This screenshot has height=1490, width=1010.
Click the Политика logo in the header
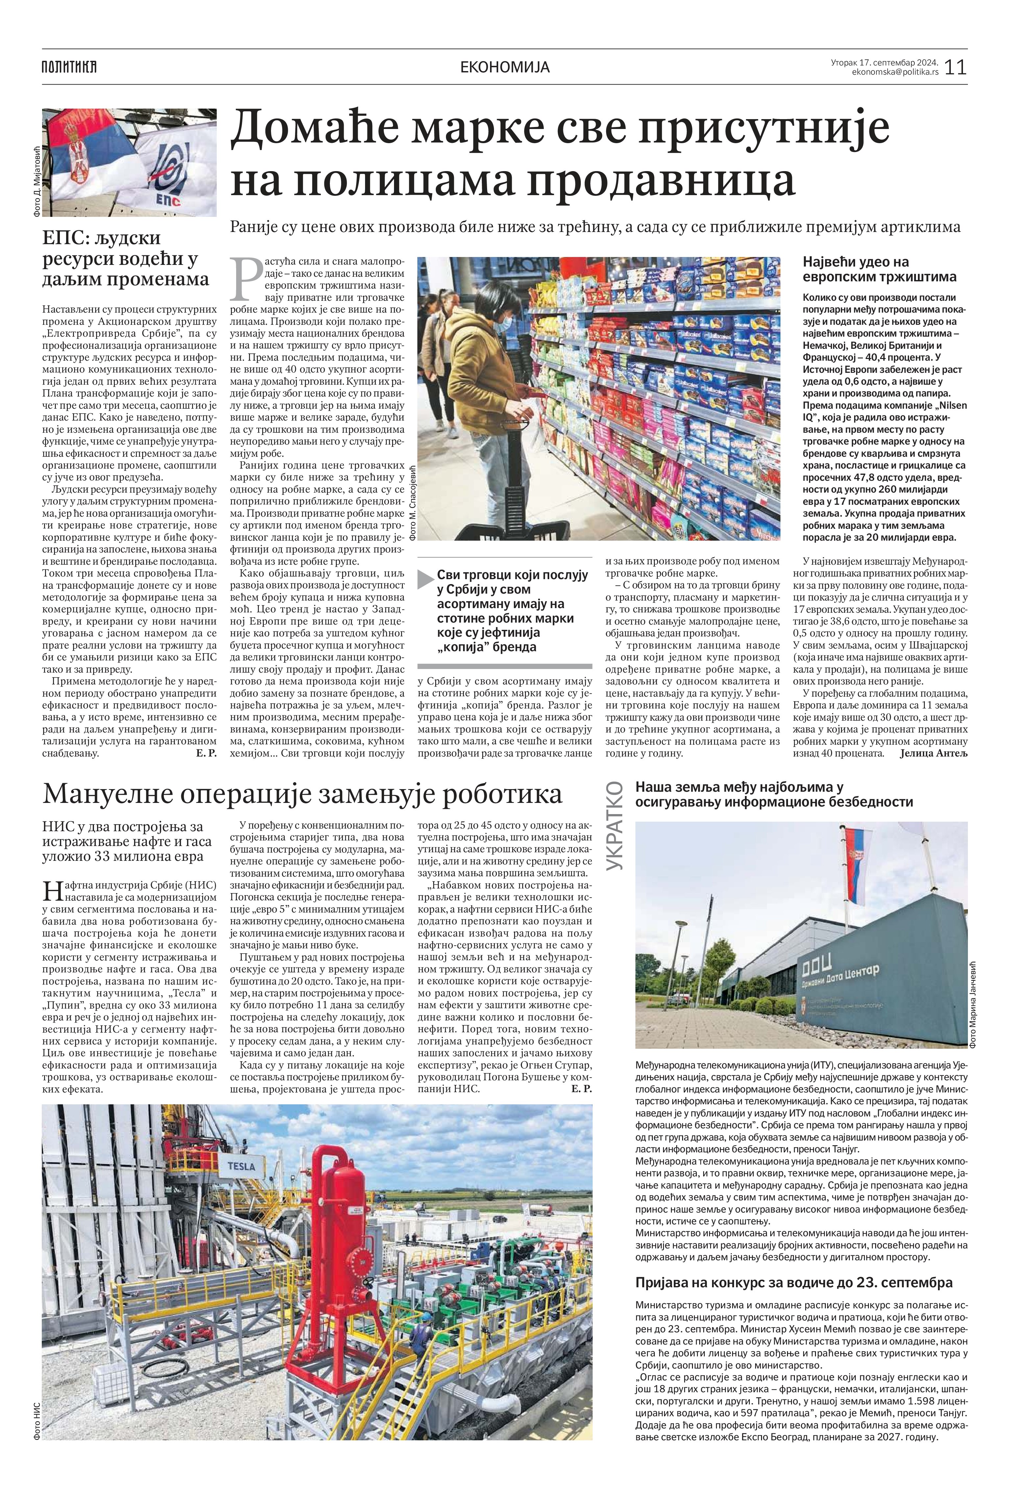pos(69,67)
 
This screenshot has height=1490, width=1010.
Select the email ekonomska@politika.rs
pos(895,72)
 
